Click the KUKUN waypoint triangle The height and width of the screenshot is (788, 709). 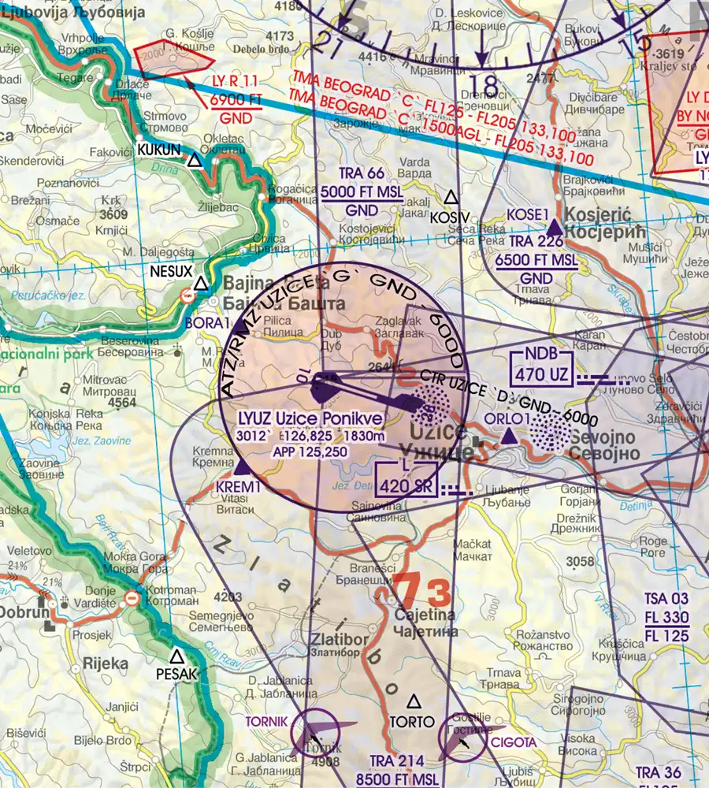click(195, 161)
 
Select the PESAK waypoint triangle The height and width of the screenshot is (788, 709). click(177, 656)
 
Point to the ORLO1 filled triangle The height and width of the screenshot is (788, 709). click(509, 436)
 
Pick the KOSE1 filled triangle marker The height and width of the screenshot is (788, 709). click(555, 227)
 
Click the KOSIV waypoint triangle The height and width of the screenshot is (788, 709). click(451, 197)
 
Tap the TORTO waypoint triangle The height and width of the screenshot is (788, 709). click(413, 701)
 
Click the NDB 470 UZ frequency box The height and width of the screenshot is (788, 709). click(540, 365)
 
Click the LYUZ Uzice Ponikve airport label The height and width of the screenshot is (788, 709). click(313, 418)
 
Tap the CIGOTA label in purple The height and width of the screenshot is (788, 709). click(514, 742)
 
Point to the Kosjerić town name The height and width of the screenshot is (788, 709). click(607, 223)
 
